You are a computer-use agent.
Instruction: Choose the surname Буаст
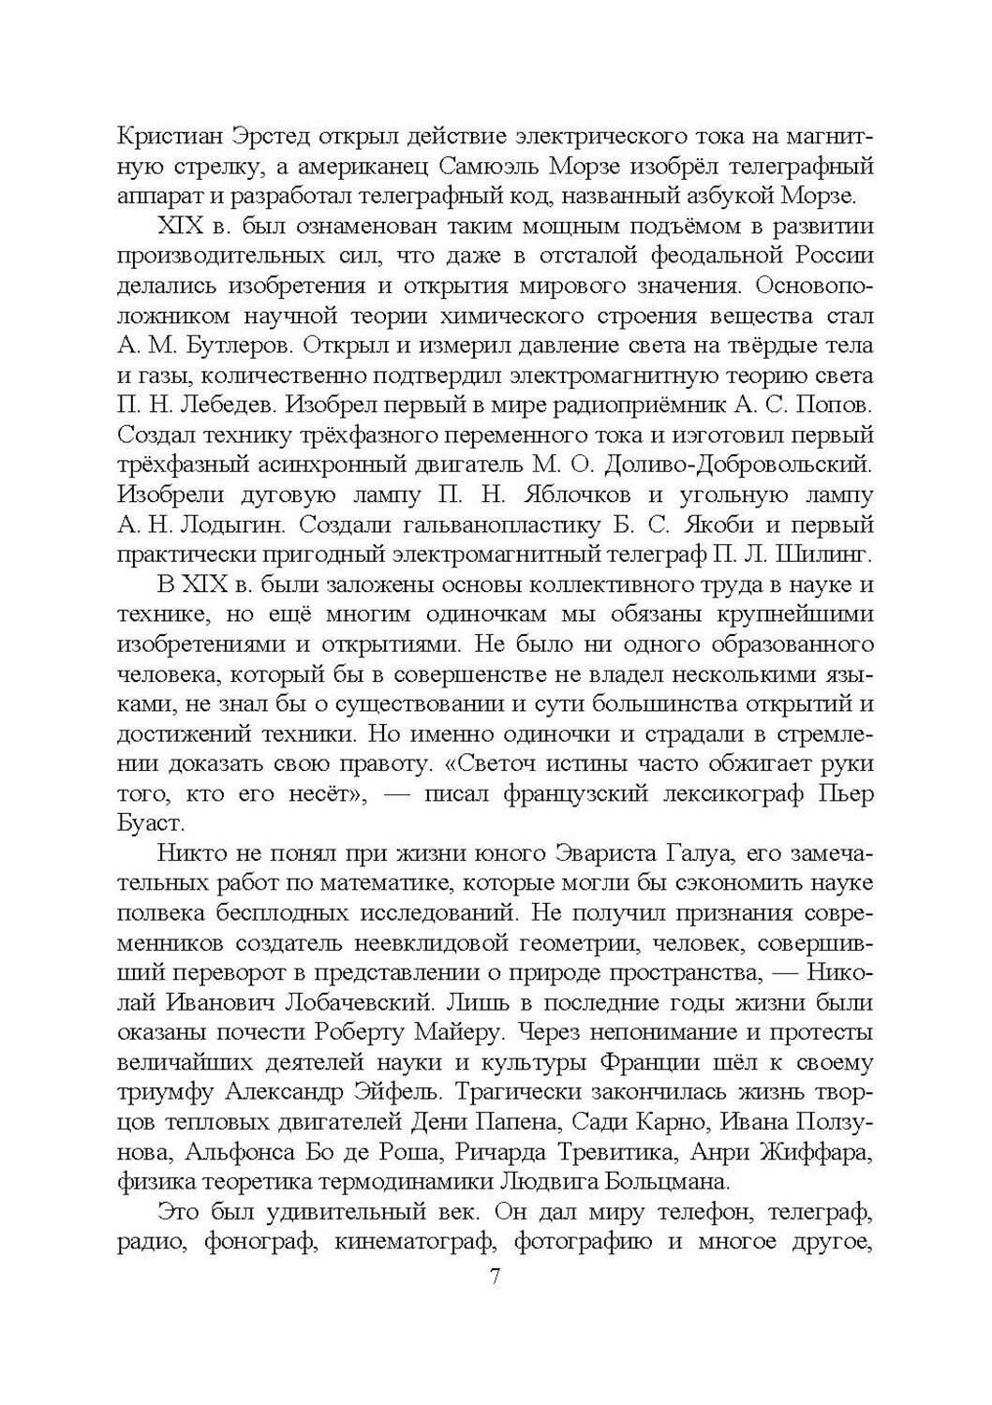tap(149, 796)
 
